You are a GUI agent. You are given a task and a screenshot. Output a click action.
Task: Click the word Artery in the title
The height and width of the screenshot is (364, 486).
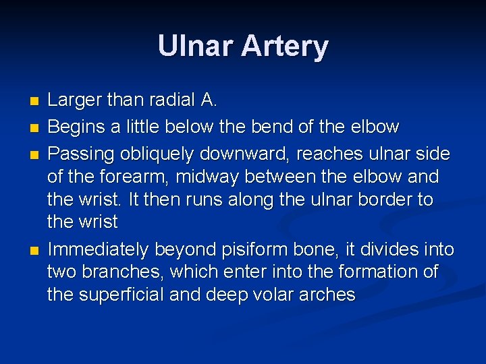[x=286, y=47]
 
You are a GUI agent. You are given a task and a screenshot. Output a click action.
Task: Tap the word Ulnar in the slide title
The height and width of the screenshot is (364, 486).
[x=196, y=46]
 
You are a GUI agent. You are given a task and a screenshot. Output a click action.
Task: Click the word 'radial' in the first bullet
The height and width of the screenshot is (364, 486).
[x=169, y=101]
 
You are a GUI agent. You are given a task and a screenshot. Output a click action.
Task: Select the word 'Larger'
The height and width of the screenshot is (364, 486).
[x=74, y=101]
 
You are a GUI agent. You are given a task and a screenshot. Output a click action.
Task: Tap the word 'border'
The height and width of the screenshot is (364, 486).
[x=383, y=200]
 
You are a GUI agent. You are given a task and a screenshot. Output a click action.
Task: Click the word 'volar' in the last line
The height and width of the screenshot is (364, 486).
[x=275, y=295]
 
